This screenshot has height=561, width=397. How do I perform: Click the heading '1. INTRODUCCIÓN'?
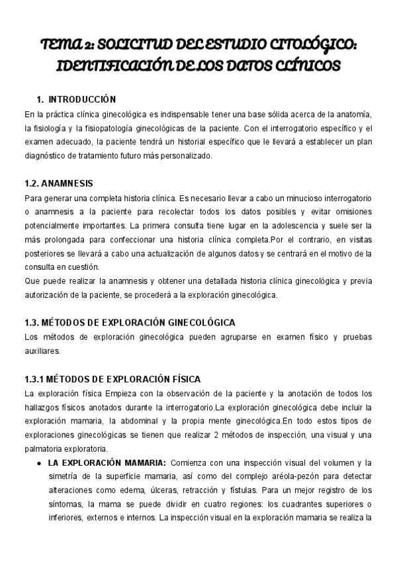click(77, 100)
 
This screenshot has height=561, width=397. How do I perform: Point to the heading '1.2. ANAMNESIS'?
click(58, 183)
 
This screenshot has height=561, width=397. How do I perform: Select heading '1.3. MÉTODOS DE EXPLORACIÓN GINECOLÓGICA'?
click(129, 322)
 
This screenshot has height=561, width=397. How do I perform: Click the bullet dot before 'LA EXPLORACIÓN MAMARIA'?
click(40, 463)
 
